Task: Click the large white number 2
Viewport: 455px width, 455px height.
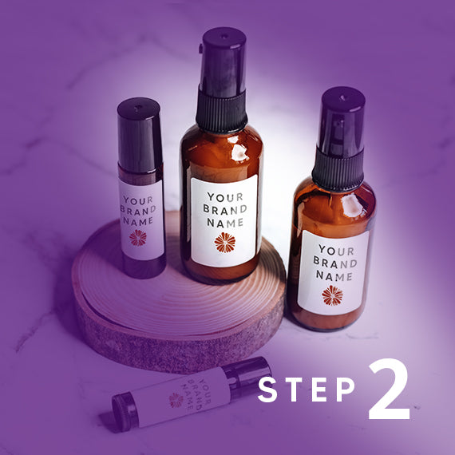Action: (x=389, y=389)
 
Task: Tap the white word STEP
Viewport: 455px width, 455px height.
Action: (x=307, y=389)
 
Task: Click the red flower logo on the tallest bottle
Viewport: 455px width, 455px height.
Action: (x=225, y=243)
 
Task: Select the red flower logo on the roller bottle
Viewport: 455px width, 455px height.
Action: (x=138, y=238)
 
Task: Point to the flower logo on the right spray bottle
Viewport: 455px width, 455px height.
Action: (x=332, y=295)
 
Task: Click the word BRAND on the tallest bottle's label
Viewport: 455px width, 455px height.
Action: (x=225, y=209)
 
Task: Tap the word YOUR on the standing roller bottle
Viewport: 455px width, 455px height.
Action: (x=138, y=200)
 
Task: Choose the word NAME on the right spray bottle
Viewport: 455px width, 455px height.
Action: (x=334, y=276)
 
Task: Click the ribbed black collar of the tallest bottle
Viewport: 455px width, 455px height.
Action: (x=221, y=112)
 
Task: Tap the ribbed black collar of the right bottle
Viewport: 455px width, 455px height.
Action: (x=338, y=170)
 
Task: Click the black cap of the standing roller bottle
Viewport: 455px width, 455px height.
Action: (x=140, y=135)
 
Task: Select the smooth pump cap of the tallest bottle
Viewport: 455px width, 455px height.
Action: (x=224, y=61)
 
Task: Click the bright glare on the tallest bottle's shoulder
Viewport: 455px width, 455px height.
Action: (x=239, y=152)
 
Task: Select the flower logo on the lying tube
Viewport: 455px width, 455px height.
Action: (x=176, y=401)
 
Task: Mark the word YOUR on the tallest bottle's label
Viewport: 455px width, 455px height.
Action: (x=225, y=197)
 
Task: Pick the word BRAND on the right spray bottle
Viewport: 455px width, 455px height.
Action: (x=335, y=263)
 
